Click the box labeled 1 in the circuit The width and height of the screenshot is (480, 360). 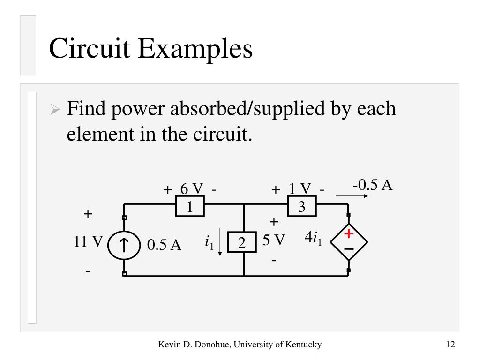click(190, 207)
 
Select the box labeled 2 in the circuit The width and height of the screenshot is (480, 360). click(242, 243)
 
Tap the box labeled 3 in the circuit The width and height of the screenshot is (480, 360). click(302, 207)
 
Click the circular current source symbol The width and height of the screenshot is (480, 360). click(124, 245)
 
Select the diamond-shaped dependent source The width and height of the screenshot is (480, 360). click(349, 242)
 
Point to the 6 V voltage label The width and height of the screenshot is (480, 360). click(191, 189)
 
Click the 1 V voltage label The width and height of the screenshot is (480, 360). click(300, 189)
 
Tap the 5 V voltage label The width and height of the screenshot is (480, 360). click(273, 240)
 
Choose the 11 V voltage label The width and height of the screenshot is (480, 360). click(88, 242)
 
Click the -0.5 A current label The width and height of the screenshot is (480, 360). click(373, 185)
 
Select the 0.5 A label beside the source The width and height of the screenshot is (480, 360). click(164, 245)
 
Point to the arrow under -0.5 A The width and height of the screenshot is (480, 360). click(351, 196)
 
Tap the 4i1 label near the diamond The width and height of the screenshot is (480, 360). click(313, 238)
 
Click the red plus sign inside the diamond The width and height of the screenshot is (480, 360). click(349, 233)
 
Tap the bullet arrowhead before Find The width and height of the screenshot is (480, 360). click(55, 111)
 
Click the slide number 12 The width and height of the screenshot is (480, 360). click(450, 345)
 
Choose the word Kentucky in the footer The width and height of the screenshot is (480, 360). click(303, 345)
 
